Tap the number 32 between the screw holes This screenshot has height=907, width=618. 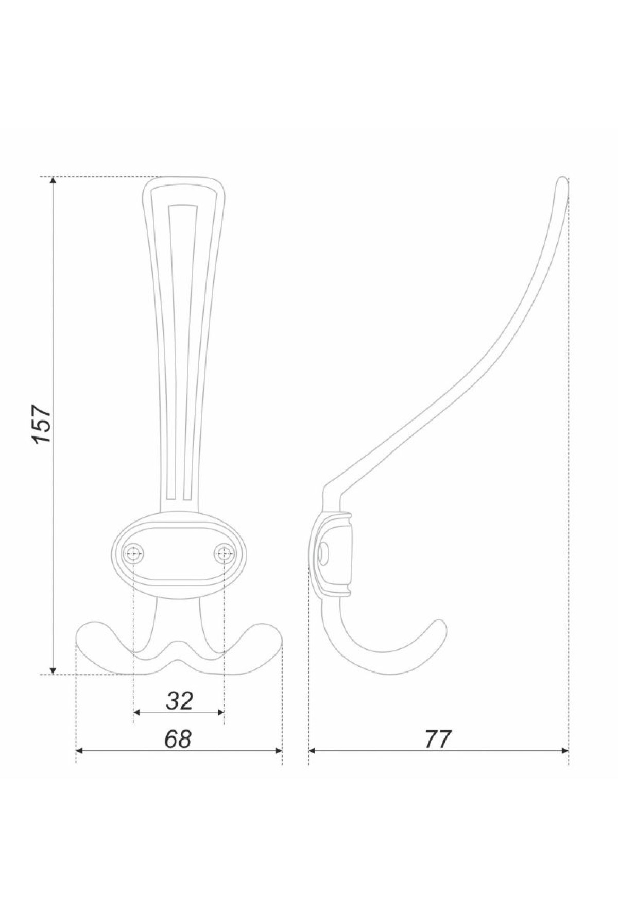point(179,700)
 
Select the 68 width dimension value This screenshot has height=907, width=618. point(178,739)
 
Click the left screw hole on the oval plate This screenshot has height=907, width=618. point(134,553)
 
